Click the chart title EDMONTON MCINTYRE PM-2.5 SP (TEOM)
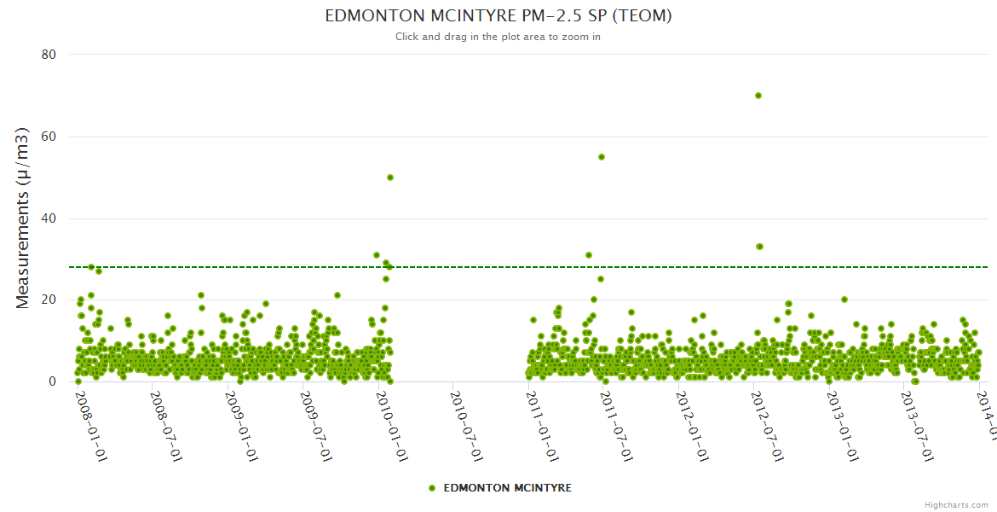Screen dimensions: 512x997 click(x=498, y=16)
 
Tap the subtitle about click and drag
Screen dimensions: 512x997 click(x=498, y=37)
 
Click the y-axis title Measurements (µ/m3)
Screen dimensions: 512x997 click(x=23, y=218)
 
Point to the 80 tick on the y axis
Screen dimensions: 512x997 click(x=49, y=55)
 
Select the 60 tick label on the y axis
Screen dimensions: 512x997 click(x=49, y=137)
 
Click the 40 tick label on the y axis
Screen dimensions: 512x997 click(x=49, y=218)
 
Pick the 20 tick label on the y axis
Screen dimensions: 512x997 click(x=49, y=300)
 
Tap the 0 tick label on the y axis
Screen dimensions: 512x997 click(x=52, y=381)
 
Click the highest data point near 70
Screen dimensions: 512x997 click(x=758, y=96)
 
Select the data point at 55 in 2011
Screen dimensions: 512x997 click(x=601, y=157)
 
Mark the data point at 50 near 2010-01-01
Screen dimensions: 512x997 click(x=390, y=177)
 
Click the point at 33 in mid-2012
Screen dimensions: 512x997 click(x=759, y=247)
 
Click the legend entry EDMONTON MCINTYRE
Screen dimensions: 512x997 click(x=507, y=488)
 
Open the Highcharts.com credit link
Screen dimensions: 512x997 click(x=956, y=505)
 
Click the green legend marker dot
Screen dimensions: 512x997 click(x=432, y=488)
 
